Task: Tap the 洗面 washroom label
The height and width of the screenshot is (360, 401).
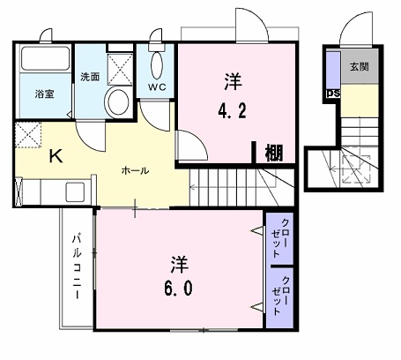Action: (89, 76)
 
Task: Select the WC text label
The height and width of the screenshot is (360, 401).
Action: (157, 87)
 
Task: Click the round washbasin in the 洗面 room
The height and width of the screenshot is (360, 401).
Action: (117, 100)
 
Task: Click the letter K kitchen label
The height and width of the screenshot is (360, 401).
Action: (54, 158)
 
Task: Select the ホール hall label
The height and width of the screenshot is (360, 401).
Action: (134, 170)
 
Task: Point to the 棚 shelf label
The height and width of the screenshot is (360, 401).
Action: (274, 153)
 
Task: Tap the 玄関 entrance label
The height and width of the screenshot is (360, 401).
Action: (360, 67)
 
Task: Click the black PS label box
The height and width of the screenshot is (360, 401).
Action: (333, 92)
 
